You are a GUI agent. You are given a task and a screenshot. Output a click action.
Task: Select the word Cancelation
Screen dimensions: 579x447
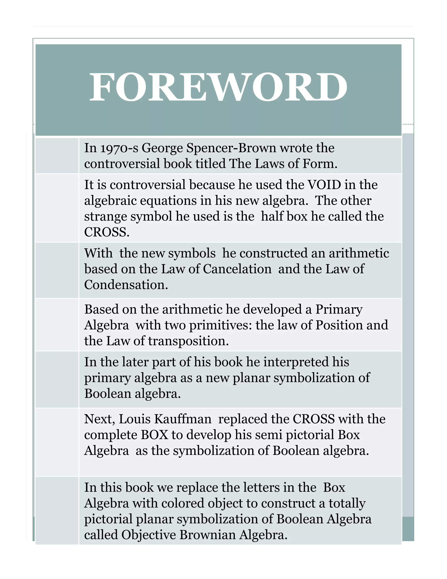[237, 269]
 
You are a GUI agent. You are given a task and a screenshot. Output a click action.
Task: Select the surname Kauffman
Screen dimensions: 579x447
[183, 419]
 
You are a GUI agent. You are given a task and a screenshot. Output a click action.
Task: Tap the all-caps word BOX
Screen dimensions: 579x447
[154, 435]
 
